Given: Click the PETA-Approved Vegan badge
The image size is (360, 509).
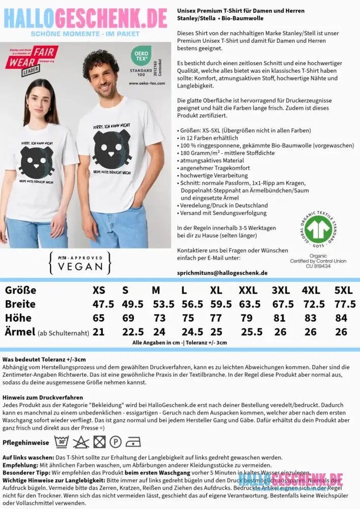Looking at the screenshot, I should [79, 262].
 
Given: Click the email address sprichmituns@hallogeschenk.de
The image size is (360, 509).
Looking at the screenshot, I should [222, 273].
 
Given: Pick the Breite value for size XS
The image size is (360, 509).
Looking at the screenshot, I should [103, 304].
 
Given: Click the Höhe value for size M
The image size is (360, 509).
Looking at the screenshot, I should [159, 318].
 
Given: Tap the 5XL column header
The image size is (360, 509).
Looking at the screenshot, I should [343, 290].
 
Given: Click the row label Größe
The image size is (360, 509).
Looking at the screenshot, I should [20, 290].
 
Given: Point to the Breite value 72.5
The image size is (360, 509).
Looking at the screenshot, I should [313, 304].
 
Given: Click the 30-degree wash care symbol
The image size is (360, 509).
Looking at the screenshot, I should [62, 441].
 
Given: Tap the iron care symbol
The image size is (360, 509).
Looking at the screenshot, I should [133, 441].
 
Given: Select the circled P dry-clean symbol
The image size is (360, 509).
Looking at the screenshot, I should [115, 441].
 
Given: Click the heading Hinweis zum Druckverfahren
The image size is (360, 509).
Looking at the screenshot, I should [42, 397].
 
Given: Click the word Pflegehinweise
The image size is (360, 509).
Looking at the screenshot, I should [25, 442].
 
